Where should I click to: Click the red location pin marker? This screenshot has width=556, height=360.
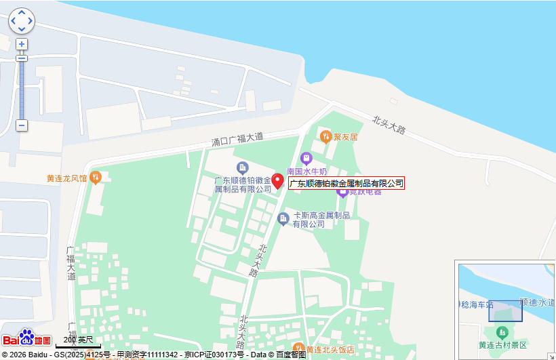click(278, 181)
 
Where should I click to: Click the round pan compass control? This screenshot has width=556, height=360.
click(22, 21)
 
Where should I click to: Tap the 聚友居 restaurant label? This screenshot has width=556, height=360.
click(345, 137)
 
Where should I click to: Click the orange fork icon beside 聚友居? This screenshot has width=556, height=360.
click(326, 136)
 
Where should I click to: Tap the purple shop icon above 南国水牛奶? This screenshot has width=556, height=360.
click(306, 159)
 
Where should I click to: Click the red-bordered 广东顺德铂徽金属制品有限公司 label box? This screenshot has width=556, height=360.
click(346, 183)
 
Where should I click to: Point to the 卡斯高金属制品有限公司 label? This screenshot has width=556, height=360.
click(321, 220)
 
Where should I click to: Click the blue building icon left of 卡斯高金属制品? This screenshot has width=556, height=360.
click(283, 218)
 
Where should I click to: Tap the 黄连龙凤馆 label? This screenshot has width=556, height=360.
click(66, 179)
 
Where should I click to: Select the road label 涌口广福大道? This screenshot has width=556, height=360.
click(237, 140)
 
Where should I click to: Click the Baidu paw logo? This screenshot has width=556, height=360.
click(26, 338)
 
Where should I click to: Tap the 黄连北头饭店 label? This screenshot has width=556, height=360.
click(330, 350)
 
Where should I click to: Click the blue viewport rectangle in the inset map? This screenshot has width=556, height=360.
click(505, 311)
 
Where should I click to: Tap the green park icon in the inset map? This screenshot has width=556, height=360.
click(502, 332)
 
